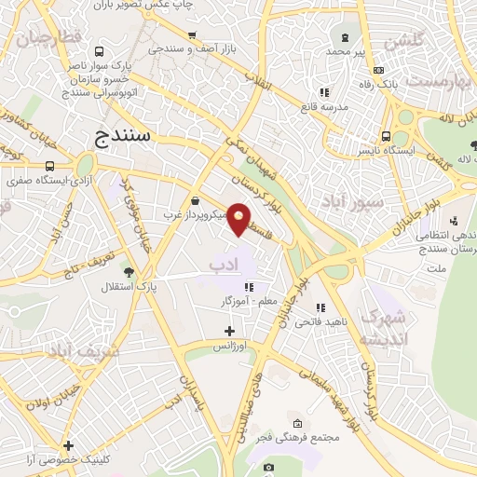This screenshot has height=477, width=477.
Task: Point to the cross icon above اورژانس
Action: (230, 331)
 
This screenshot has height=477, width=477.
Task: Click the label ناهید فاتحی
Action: (320, 322)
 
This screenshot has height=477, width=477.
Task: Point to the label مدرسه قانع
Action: (323, 106)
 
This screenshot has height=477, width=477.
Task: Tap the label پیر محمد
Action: (347, 52)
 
